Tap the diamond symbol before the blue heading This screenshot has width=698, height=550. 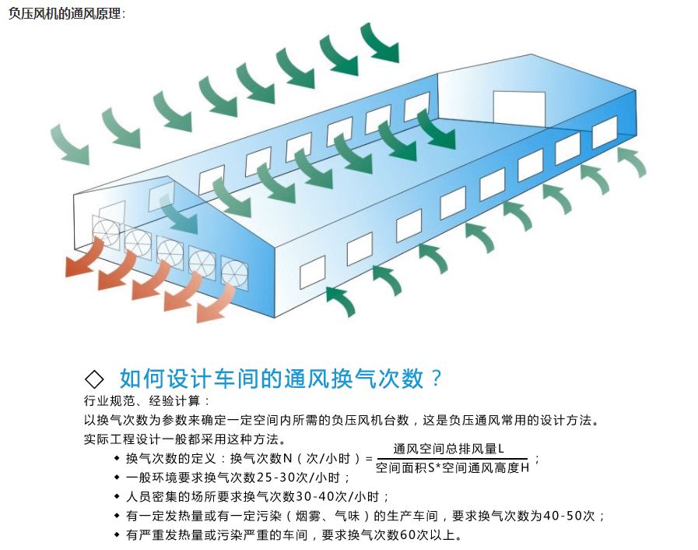94,379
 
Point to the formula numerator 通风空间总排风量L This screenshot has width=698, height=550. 449,449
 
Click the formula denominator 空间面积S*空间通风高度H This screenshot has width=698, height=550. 452,467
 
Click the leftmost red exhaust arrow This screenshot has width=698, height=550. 85,259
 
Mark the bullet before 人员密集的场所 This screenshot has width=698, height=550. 117,496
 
